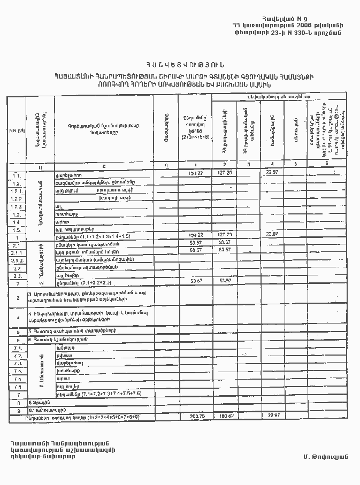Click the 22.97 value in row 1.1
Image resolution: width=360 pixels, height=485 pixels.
coord(273,172)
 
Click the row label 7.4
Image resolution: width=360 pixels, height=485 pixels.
coord(17,371)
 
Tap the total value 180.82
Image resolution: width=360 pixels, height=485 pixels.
coord(224,415)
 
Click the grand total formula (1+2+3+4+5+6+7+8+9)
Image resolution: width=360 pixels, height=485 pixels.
coord(105,415)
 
